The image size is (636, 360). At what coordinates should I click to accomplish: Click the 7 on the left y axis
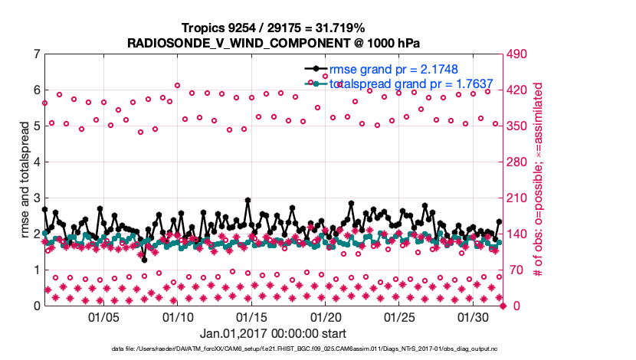click(x=36, y=54)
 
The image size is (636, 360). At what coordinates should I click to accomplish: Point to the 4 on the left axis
click(x=36, y=162)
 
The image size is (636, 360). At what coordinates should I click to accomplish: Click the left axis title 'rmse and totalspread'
click(x=23, y=180)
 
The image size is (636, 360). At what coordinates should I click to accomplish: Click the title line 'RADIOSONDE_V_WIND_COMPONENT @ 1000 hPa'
click(x=274, y=43)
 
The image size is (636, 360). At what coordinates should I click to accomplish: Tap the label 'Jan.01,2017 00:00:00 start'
click(x=274, y=333)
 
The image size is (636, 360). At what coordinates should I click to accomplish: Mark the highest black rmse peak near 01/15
click(x=248, y=200)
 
